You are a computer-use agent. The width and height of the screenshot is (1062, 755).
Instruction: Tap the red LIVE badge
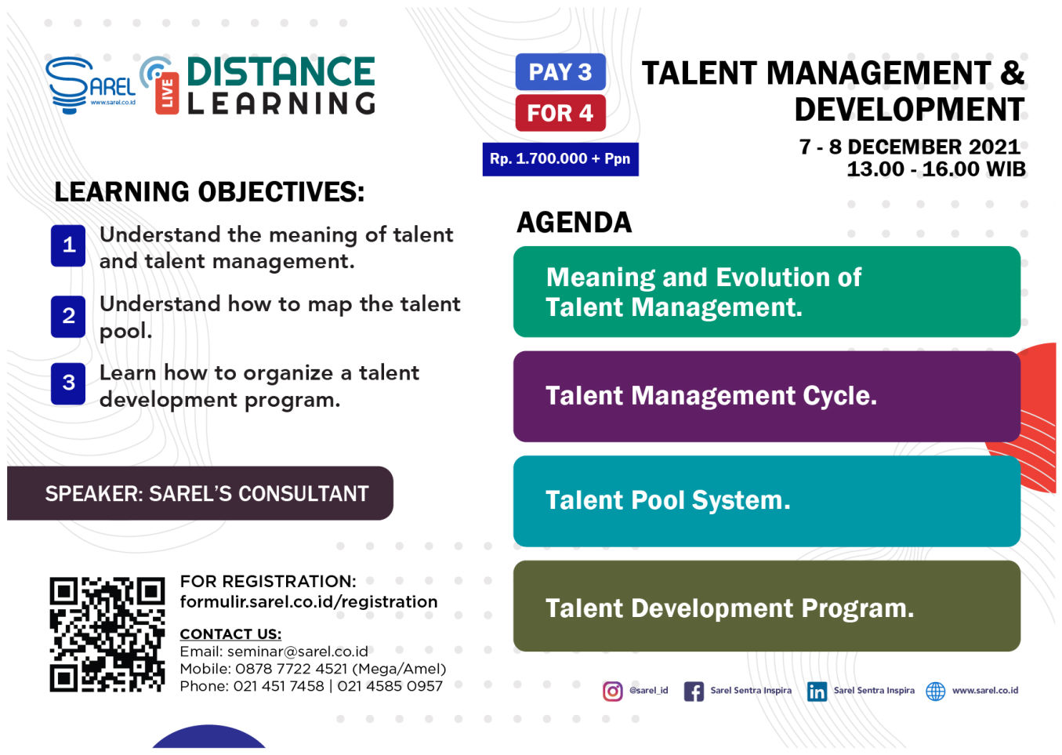coord(167,93)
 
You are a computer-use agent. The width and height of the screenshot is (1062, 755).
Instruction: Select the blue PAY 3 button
coord(560,71)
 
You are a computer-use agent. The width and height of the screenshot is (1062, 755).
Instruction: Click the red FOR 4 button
coord(560,113)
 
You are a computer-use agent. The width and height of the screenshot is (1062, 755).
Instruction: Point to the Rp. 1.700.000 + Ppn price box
coord(560,159)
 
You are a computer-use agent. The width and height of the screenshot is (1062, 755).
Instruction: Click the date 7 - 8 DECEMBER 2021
coord(909,147)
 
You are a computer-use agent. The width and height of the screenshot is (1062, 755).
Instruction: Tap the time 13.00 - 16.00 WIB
coord(936,169)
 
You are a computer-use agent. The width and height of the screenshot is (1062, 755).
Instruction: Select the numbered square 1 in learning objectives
coord(68,245)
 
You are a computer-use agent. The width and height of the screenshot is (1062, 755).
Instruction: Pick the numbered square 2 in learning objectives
coord(68,316)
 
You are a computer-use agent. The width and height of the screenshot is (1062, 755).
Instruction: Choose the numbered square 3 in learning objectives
coord(68,383)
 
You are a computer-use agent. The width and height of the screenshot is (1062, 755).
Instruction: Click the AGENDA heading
coord(574,223)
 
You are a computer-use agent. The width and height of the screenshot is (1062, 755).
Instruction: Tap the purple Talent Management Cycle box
coord(767,397)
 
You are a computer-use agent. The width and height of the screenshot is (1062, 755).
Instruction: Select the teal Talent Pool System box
coord(767,501)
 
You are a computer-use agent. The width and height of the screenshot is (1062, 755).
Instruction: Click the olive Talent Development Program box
coord(767,606)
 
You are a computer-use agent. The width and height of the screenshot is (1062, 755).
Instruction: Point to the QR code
coord(107,634)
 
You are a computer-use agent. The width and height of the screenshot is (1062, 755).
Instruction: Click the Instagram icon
coord(613,691)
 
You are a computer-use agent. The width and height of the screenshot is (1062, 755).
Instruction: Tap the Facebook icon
coord(694,691)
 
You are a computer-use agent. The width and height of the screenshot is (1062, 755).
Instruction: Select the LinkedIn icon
coord(817,691)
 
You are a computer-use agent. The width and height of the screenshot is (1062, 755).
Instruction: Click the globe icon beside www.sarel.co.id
coord(935,691)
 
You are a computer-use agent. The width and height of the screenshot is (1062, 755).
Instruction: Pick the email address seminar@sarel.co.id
coord(297,652)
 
